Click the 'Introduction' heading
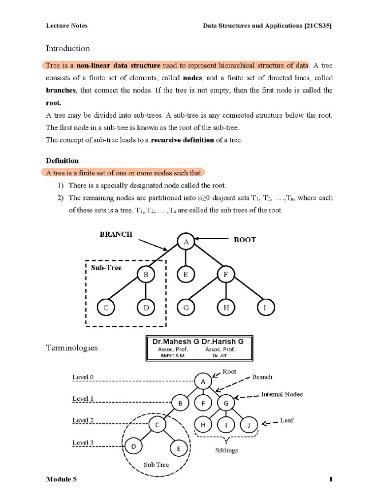pyautogui.click(x=68, y=48)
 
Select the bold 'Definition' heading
pyautogui.click(x=62, y=160)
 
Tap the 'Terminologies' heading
pyautogui.click(x=71, y=347)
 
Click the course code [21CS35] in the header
pyautogui.click(x=318, y=26)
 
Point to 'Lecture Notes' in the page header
pyautogui.click(x=67, y=26)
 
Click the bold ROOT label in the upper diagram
pyautogui.click(x=245, y=240)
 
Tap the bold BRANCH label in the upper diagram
pyautogui.click(x=116, y=234)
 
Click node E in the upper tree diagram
pyautogui.click(x=186, y=275)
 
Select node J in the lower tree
pyautogui.click(x=249, y=424)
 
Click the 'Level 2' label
pyautogui.click(x=83, y=421)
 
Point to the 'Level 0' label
pyautogui.click(x=83, y=377)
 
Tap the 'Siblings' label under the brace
pyautogui.click(x=226, y=450)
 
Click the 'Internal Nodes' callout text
pyautogui.click(x=282, y=394)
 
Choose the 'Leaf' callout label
pyautogui.click(x=286, y=421)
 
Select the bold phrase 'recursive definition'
pyautogui.click(x=182, y=140)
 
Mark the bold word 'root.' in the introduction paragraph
pyautogui.click(x=54, y=103)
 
